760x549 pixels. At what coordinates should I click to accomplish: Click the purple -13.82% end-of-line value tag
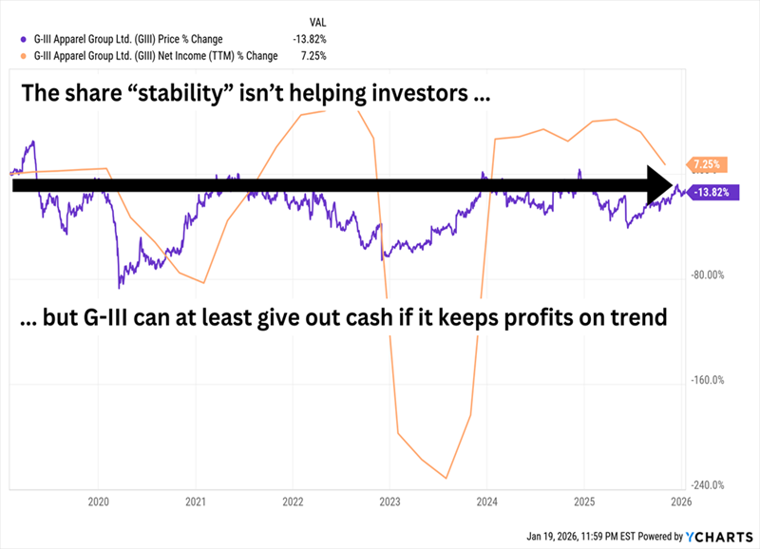pos(712,193)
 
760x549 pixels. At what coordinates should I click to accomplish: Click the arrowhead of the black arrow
pos(659,185)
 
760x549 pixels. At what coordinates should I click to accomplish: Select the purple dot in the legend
pos(22,39)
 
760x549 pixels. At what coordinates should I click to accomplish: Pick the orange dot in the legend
pos(22,55)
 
